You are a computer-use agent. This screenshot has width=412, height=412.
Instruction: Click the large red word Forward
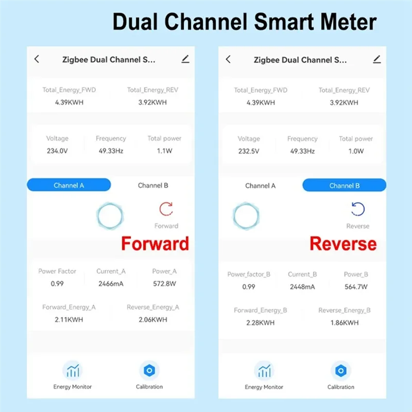point(155,244)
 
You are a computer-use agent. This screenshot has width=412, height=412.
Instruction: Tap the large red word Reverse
point(343,244)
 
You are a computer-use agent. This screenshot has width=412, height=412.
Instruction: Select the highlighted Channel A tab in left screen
point(68,185)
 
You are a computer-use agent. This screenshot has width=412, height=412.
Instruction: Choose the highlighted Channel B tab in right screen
point(344,185)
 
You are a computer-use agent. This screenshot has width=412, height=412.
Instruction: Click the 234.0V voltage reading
point(57,151)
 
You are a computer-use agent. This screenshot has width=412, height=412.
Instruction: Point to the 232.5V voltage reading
point(249,151)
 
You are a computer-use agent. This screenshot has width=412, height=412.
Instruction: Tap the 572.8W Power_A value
point(165,284)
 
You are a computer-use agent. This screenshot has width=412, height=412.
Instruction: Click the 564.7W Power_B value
point(355,287)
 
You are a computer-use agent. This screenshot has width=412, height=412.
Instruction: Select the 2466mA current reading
point(111,284)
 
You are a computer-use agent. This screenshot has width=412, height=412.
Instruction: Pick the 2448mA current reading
point(302,287)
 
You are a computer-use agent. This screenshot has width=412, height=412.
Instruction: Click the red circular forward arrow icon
point(166,209)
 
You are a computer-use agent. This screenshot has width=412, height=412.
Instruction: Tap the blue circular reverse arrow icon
point(357,209)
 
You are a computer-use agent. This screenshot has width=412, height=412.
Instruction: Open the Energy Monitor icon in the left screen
point(73,370)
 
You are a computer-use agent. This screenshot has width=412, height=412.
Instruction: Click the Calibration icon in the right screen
point(340,370)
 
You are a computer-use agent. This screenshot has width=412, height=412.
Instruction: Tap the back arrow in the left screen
point(37,59)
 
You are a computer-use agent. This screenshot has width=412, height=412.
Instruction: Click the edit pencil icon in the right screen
point(377,59)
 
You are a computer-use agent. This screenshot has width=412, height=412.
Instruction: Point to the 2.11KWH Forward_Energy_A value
point(69,320)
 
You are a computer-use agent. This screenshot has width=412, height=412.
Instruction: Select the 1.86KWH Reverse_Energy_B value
point(345,323)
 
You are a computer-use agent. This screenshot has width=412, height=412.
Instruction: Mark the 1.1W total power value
point(164,151)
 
